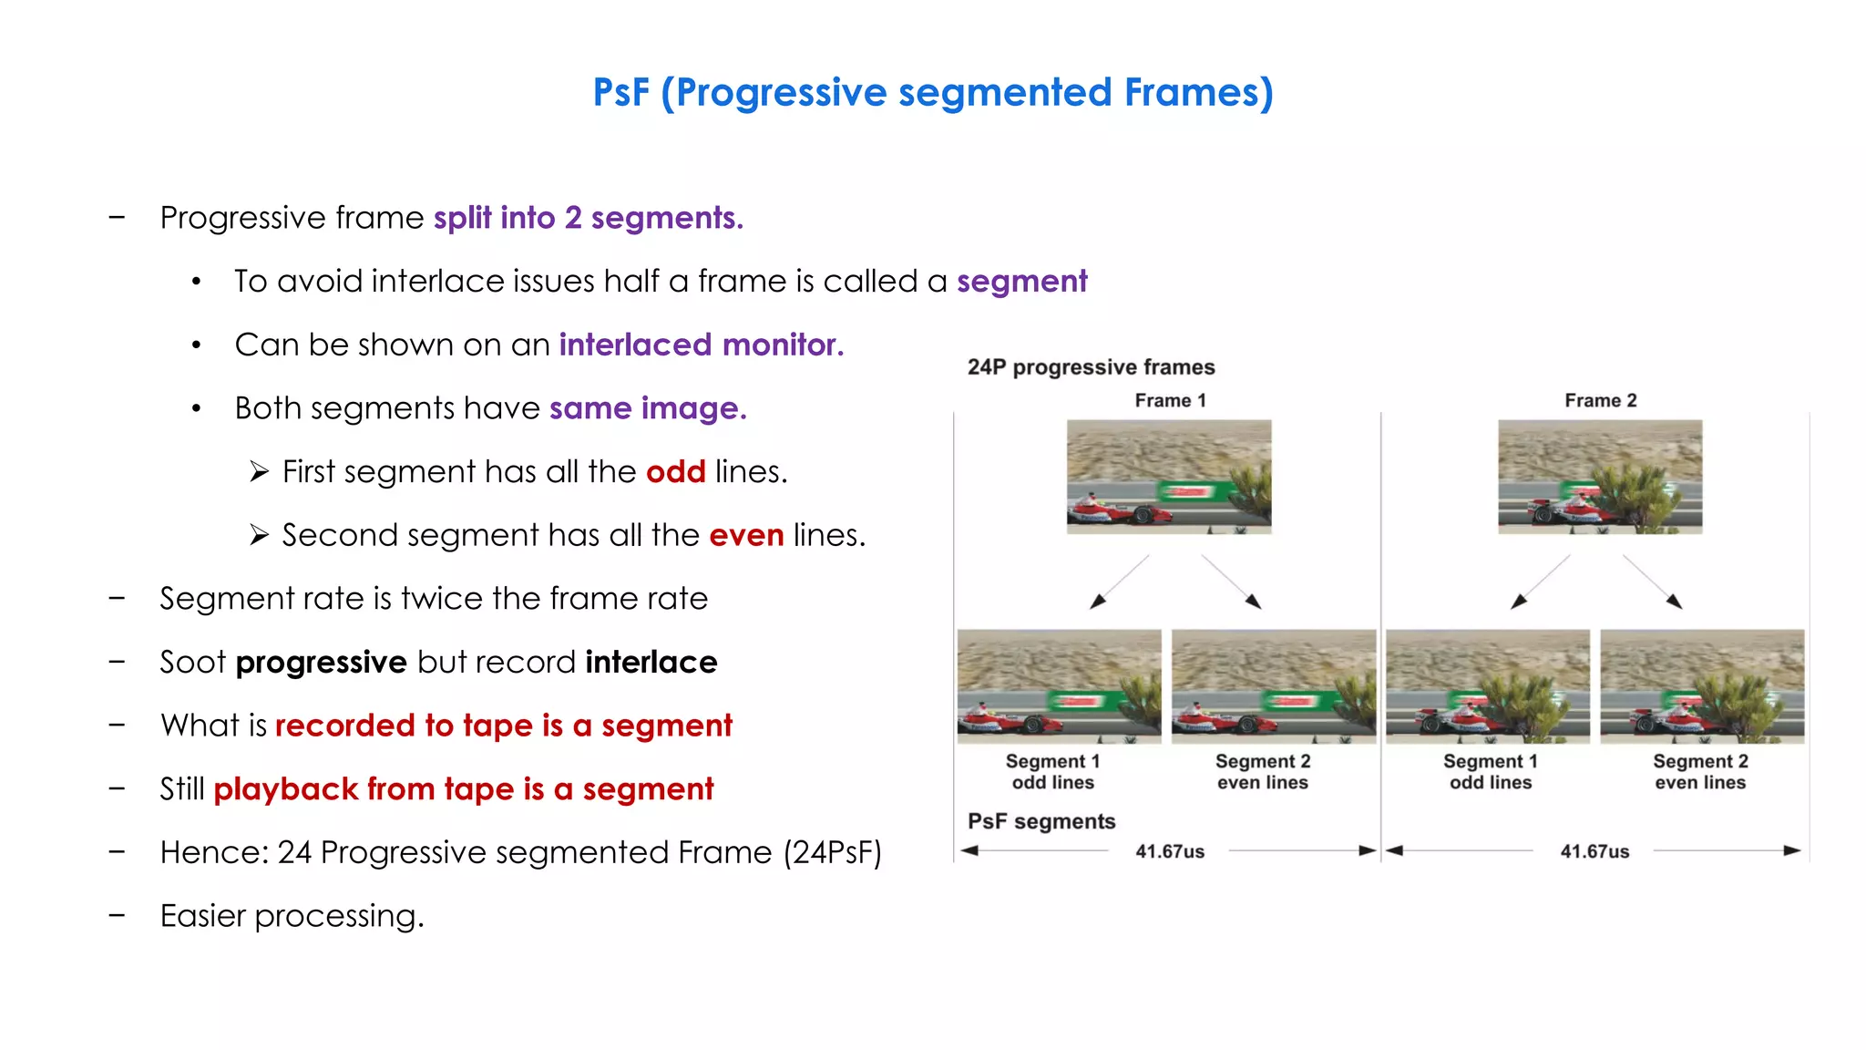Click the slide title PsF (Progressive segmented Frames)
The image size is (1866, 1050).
[932, 93]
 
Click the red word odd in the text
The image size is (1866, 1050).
[675, 472]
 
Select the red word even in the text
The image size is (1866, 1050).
[746, 535]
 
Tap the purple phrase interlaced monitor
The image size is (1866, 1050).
[701, 345]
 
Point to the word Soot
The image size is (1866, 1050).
[192, 663]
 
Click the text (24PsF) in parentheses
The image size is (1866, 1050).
[832, 853]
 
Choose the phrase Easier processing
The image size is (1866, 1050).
[292, 916]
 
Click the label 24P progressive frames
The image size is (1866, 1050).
[1091, 367]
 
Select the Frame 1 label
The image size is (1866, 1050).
[1170, 401]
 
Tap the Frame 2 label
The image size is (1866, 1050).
[1600, 401]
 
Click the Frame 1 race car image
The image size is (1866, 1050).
[1169, 477]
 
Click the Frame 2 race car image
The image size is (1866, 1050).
[1600, 477]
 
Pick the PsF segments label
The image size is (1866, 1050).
[1041, 822]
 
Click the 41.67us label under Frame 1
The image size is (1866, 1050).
[1169, 852]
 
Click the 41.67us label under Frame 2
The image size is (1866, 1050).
[1594, 852]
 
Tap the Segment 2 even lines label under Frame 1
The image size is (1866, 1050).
[1263, 772]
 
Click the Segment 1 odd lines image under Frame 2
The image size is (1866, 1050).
[1488, 686]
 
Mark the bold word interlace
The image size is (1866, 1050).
[651, 663]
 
